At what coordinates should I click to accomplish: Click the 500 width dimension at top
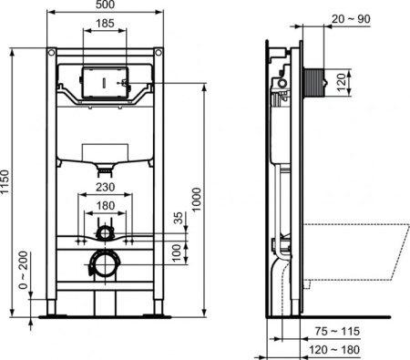[x=106, y=6]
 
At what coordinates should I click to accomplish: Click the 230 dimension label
[x=106, y=190]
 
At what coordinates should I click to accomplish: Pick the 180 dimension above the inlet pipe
[x=106, y=205]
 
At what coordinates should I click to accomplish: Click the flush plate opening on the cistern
[x=106, y=80]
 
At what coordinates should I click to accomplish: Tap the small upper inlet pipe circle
[x=106, y=233]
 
